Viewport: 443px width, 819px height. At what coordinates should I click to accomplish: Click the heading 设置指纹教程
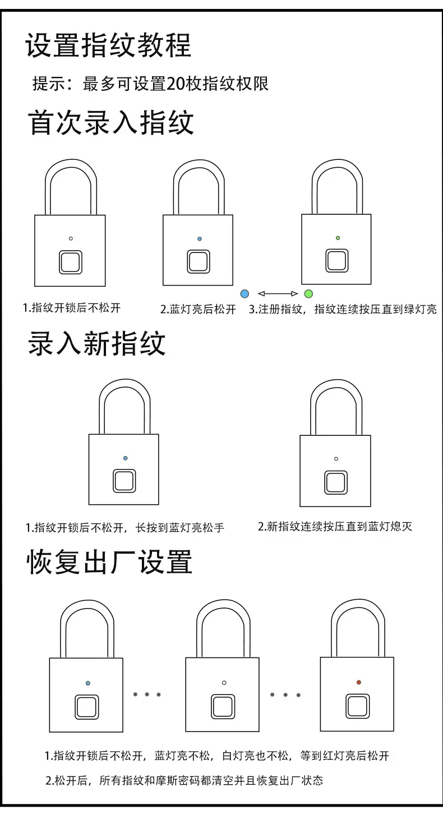tap(108, 45)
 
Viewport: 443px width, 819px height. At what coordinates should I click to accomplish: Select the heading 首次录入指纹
tap(111, 122)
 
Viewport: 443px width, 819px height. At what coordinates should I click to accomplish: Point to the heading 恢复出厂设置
tap(109, 562)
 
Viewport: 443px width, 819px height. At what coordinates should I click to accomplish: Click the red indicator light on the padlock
tap(358, 682)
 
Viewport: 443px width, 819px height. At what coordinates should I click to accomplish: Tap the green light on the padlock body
tap(338, 238)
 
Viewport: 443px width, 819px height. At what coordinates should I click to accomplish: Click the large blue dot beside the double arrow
tap(244, 293)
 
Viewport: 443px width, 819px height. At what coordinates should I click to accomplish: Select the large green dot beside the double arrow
tap(308, 293)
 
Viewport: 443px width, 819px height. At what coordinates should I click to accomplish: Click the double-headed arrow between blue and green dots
tap(278, 293)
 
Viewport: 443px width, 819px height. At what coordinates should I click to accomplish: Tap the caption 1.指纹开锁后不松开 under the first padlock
tap(72, 308)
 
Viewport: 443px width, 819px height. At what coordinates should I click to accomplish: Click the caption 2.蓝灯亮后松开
tap(198, 309)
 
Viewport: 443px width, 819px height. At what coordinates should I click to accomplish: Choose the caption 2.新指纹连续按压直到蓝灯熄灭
tap(335, 527)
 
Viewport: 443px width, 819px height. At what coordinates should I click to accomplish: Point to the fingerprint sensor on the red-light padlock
tap(357, 706)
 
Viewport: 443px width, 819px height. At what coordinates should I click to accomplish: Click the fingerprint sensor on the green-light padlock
tap(336, 261)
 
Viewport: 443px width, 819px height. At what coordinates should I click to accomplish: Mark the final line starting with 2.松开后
tap(184, 781)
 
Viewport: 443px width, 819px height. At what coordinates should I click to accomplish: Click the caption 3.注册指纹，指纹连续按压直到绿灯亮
tap(343, 309)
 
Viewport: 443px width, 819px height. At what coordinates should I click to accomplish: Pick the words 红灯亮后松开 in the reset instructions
tap(356, 756)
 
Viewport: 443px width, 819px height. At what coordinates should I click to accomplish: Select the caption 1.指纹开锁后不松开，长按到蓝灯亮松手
tap(124, 528)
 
